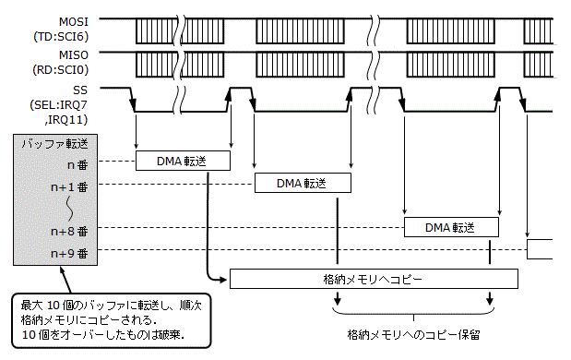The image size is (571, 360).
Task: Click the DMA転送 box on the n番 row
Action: (182, 162)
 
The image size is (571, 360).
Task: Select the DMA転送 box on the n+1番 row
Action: (303, 183)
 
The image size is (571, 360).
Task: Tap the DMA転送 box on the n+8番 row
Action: (451, 227)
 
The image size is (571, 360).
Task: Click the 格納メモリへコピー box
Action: (374, 278)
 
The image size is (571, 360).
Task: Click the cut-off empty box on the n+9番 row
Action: (539, 249)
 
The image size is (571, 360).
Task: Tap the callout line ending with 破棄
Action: (102, 333)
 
